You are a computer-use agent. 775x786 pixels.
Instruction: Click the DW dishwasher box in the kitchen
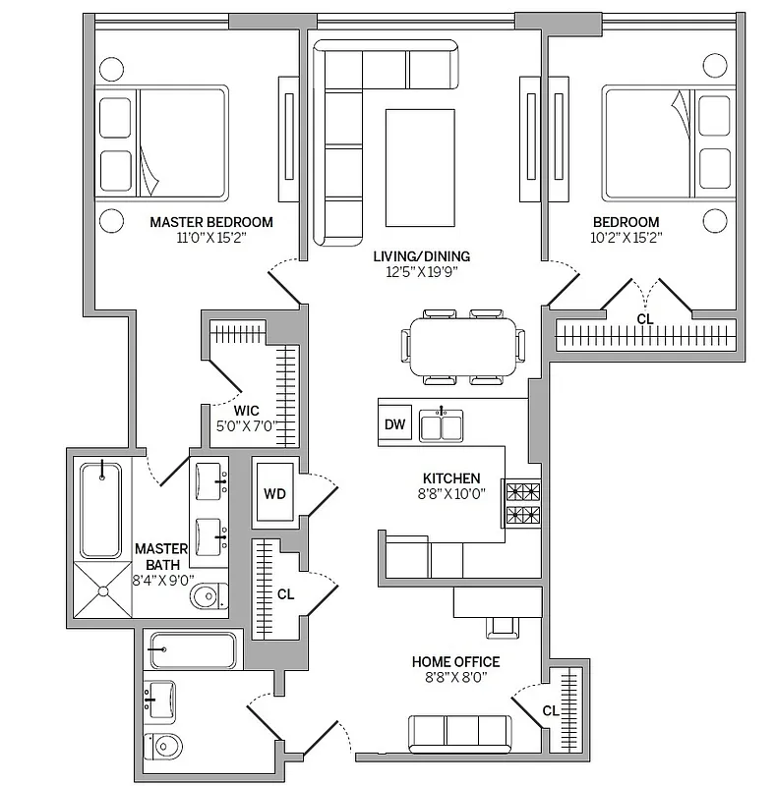click(x=394, y=424)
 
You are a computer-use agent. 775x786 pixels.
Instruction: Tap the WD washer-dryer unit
click(x=273, y=493)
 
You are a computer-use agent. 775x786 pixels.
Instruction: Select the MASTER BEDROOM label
click(x=211, y=222)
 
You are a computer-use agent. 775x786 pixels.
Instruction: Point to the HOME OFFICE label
click(x=455, y=662)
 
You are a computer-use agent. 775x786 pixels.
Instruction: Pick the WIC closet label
click(x=246, y=411)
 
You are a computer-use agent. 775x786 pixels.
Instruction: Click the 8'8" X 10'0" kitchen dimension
click(x=452, y=494)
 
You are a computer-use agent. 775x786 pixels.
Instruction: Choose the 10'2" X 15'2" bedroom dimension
click(x=626, y=237)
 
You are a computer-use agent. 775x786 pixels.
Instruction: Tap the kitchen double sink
click(x=441, y=424)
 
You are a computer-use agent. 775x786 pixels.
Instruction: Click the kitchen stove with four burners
click(x=522, y=503)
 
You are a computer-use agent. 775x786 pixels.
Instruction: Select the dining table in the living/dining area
click(x=462, y=346)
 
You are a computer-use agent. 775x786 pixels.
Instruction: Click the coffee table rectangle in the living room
click(x=420, y=168)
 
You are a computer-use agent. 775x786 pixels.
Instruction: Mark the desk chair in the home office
click(x=502, y=625)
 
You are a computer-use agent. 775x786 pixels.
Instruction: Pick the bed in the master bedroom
click(x=162, y=143)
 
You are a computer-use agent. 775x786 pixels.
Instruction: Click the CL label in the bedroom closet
click(x=645, y=318)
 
